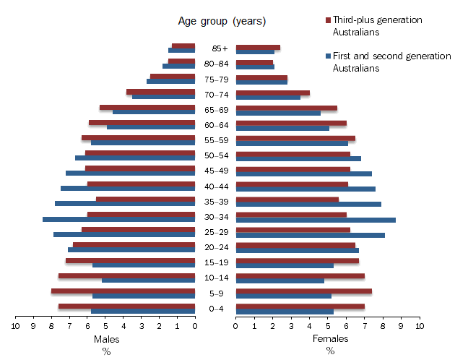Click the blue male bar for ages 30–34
click(x=119, y=219)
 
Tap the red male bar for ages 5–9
click(x=123, y=291)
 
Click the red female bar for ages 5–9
click(x=304, y=291)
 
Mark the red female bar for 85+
click(x=258, y=47)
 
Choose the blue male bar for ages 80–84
click(x=178, y=67)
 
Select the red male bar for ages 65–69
click(x=147, y=108)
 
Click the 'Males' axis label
click(x=106, y=339)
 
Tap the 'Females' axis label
click(x=330, y=339)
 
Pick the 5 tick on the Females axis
click(x=328, y=327)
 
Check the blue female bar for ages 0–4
click(x=285, y=312)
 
